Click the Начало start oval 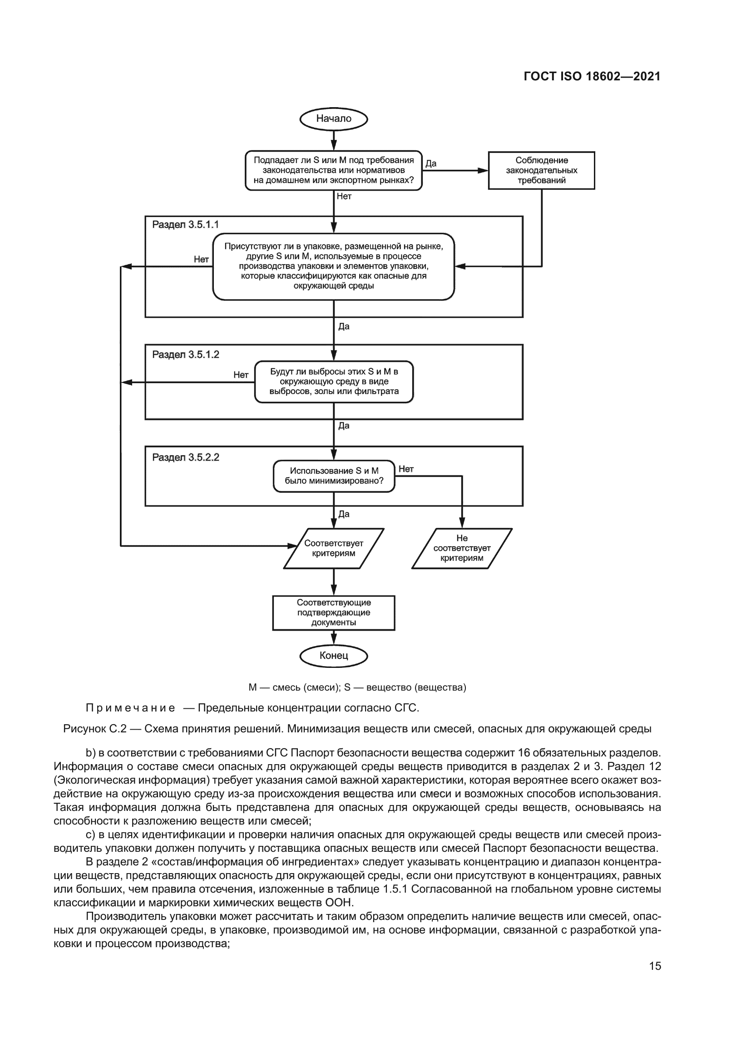click(333, 119)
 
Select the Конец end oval click(333, 656)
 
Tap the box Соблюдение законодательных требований click(541, 170)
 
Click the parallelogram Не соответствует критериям click(461, 548)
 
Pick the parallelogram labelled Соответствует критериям click(333, 548)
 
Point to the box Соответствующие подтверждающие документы click(333, 613)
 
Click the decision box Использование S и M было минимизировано click(333, 476)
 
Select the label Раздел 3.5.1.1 click(185, 225)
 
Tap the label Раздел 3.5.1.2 click(185, 355)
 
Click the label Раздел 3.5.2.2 click(185, 458)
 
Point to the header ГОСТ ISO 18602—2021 click(592, 77)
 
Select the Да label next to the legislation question click(430, 163)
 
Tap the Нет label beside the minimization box click(405, 469)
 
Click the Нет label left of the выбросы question click(241, 375)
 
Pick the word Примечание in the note click(130, 708)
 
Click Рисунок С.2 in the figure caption click(94, 729)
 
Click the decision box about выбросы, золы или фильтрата click(333, 381)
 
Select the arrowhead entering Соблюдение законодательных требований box click(483, 170)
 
